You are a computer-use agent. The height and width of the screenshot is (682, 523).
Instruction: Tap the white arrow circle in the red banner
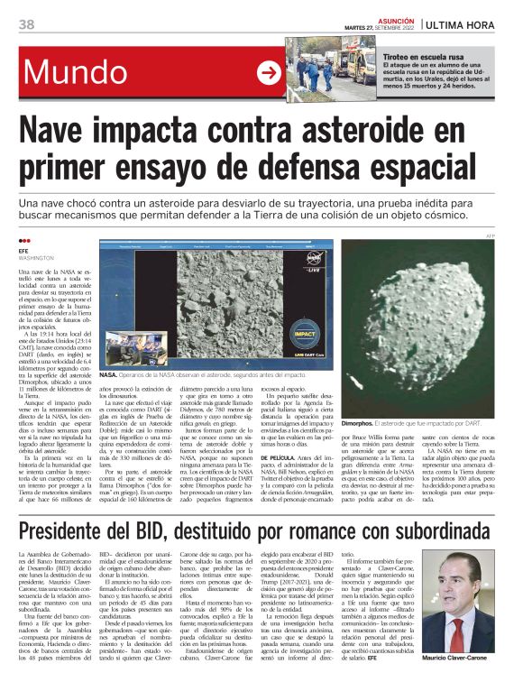coord(269,74)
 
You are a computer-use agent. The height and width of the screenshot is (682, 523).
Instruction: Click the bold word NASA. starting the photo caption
coord(109,373)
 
